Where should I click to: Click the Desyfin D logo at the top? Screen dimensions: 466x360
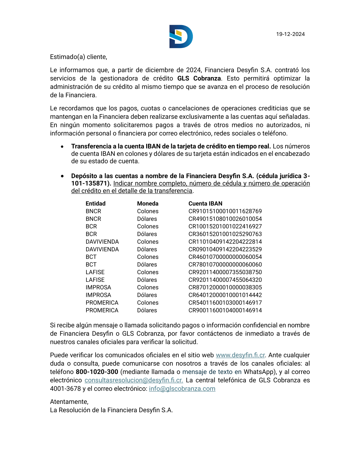tap(181, 36)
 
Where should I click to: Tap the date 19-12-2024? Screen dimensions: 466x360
tap(290, 34)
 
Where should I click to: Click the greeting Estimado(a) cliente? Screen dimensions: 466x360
tap(79, 57)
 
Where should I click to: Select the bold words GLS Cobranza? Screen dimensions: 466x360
tap(199, 78)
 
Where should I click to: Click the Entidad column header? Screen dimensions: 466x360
tap(96, 204)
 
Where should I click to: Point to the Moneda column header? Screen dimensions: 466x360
tap(148, 204)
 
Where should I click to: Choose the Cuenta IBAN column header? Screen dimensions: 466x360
tap(205, 204)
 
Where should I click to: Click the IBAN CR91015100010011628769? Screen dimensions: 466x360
tap(225, 211)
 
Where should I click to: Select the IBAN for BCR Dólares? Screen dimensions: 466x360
tap(225, 234)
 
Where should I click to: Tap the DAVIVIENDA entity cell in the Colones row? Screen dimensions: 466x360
tap(102, 242)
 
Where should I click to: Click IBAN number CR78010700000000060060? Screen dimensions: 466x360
tap(225, 264)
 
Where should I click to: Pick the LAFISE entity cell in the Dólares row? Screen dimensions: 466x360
tap(95, 280)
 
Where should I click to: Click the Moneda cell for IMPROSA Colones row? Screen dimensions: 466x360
tap(148, 287)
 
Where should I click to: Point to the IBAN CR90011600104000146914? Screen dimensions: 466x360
tap(225, 310)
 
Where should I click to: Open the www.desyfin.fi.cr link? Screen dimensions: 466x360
tap(240, 355)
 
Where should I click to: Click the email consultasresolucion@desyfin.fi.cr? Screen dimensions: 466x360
tap(134, 380)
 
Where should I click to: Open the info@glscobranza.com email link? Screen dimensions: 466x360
tap(182, 389)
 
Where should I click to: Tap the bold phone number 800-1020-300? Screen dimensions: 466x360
tap(97, 372)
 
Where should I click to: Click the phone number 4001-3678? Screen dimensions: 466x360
tap(65, 389)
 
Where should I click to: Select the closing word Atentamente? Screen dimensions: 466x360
tap(69, 402)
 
